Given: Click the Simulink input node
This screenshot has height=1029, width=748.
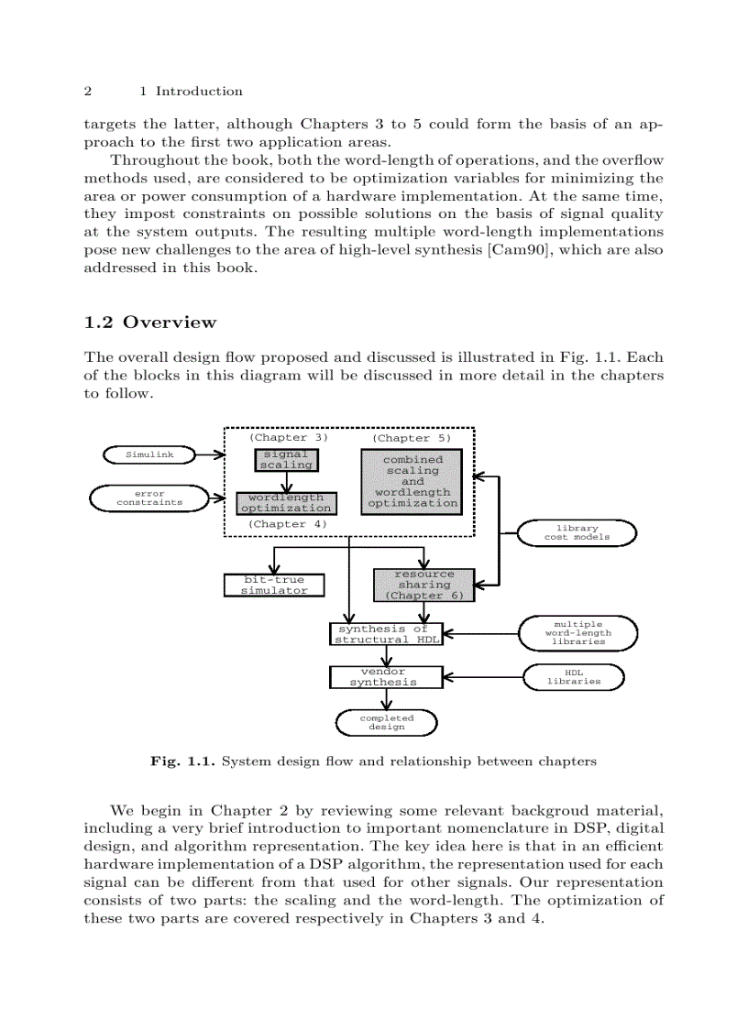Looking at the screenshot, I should (x=149, y=454).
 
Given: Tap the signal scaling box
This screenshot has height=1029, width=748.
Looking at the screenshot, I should (x=286, y=459).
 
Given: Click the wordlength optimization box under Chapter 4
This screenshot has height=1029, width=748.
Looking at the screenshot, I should (x=286, y=502).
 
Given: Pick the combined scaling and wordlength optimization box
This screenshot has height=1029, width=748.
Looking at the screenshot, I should (x=412, y=481).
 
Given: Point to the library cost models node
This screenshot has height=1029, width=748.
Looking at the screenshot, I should (x=577, y=532).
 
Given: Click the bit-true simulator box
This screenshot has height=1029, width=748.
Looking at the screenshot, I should (x=274, y=585).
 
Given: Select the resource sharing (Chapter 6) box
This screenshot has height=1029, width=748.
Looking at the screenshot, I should (x=424, y=585).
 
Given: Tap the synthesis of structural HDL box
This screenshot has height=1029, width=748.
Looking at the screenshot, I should (x=385, y=634).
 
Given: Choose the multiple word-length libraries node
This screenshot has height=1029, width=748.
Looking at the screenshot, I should (x=577, y=632).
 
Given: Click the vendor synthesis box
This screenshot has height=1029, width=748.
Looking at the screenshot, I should (x=385, y=677).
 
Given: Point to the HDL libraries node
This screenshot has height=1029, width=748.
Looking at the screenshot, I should (x=574, y=677).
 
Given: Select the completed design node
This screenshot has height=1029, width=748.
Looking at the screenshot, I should (x=386, y=722).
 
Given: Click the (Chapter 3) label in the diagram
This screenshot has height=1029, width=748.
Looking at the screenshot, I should (x=288, y=438).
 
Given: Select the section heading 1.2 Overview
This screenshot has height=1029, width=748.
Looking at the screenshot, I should (x=150, y=323).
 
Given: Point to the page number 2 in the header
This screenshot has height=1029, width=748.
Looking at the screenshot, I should (x=88, y=92).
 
